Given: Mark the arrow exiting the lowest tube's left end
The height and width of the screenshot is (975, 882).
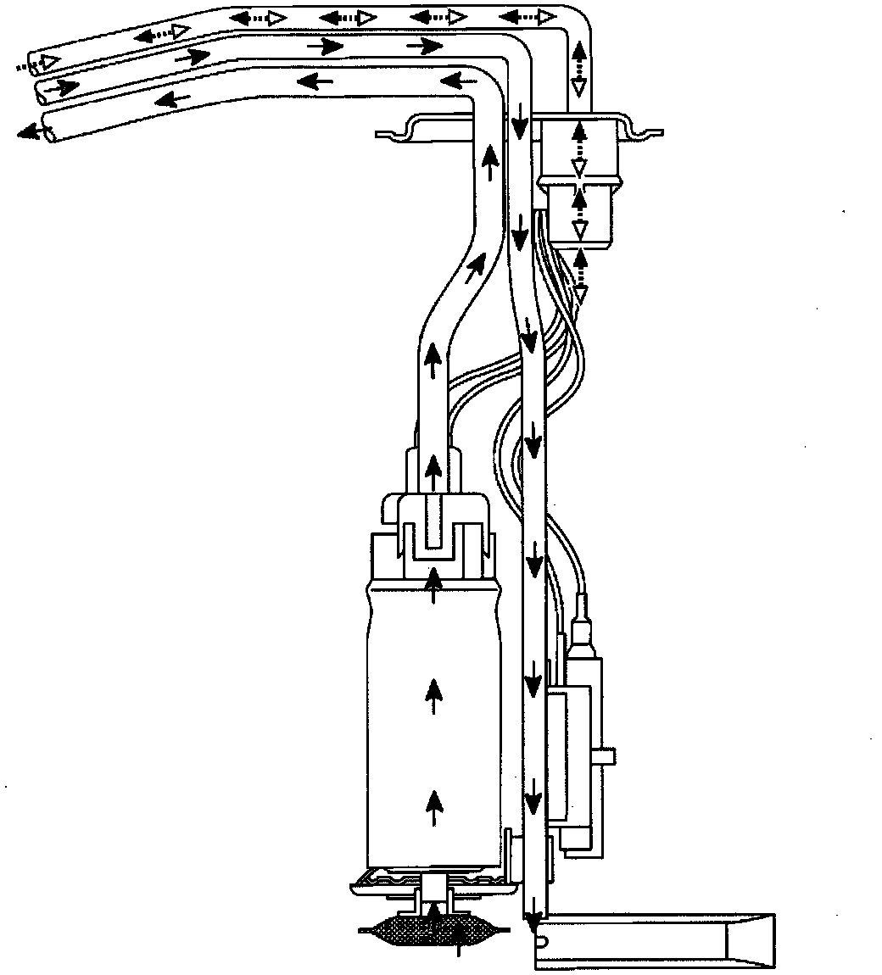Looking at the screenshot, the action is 32,131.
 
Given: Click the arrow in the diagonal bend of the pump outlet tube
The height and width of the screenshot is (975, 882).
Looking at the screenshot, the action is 476,268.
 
